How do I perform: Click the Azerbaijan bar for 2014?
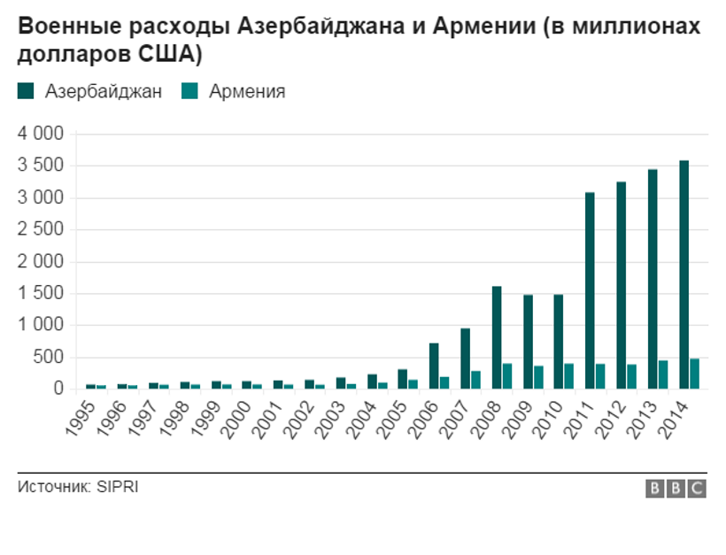point(684,274)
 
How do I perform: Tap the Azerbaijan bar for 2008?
point(497,337)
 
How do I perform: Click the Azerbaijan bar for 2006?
point(434,366)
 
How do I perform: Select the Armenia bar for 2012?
point(632,376)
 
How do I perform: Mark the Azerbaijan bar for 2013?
point(653,279)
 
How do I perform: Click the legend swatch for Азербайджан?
point(25,91)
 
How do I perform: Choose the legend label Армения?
point(247,91)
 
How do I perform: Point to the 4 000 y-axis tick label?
point(41,134)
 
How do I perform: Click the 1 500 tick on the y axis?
point(41,294)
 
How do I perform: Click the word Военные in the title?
point(65,26)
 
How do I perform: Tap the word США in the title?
point(169,54)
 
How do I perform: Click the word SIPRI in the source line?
point(118,487)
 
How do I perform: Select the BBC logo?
point(675,489)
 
